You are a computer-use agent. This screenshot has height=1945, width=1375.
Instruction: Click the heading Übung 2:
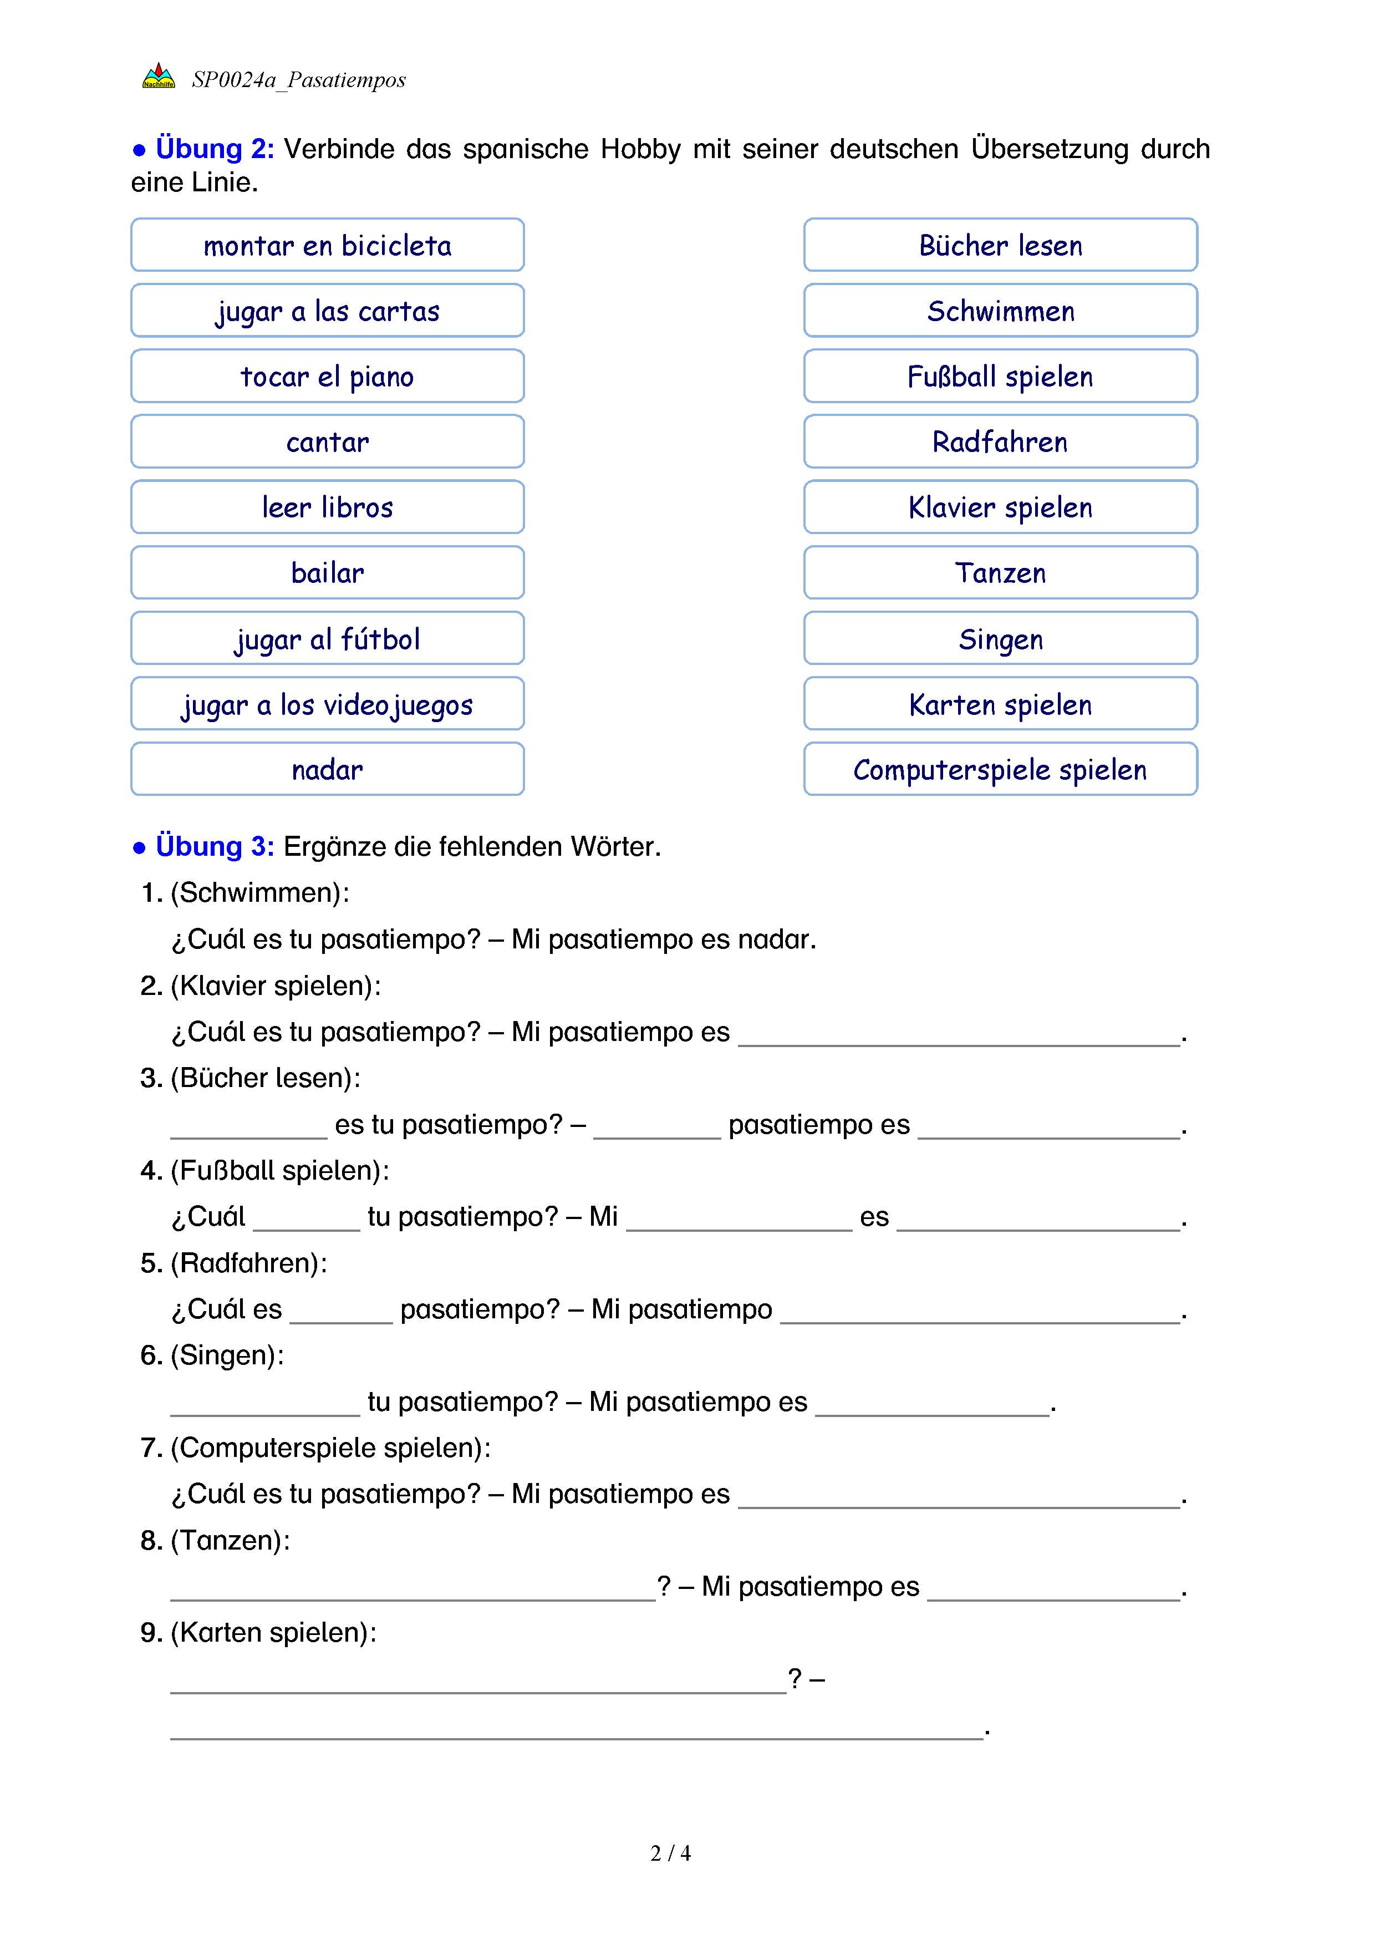pos(214,149)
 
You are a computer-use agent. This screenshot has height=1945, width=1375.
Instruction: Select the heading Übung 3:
pos(214,846)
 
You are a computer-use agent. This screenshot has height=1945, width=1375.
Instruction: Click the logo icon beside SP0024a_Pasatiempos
pos(159,77)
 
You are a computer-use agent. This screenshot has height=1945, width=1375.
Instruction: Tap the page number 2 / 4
pos(670,1853)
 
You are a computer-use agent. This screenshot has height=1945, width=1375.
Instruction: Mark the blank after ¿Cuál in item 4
pos(307,1223)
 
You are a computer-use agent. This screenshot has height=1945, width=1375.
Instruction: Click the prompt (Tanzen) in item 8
pos(230,1540)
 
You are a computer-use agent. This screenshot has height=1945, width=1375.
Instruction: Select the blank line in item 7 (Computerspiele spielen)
pos(959,1500)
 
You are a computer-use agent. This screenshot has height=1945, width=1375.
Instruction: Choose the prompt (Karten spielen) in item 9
pos(273,1632)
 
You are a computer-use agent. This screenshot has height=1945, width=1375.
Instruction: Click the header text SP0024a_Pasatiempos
pos(298,80)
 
